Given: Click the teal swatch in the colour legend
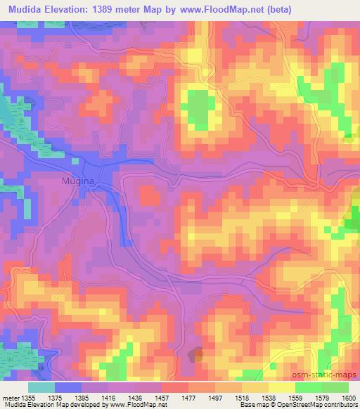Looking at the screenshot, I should click(41, 387).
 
